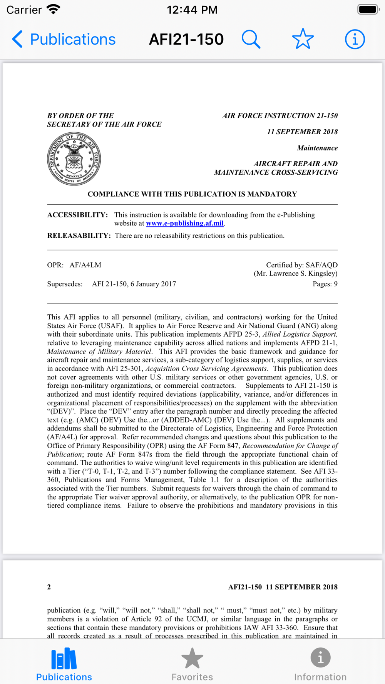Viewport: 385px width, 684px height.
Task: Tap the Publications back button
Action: point(64,39)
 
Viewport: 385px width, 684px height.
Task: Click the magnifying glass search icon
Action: point(251,39)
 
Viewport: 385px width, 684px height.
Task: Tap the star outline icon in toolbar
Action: point(303,39)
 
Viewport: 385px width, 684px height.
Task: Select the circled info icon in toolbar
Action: point(355,39)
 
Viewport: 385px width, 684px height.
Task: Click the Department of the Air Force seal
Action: point(74,159)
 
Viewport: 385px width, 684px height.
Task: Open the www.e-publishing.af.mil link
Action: point(185,224)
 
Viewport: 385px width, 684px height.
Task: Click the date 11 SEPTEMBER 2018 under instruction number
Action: point(302,132)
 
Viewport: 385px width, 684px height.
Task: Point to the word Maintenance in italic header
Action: point(317,148)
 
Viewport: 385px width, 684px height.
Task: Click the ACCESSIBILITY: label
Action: point(77,215)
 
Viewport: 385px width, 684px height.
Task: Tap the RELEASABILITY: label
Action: point(79,236)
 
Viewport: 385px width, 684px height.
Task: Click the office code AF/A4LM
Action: point(85,265)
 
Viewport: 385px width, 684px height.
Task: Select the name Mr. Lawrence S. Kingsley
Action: point(296,274)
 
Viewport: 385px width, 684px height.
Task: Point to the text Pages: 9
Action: point(325,284)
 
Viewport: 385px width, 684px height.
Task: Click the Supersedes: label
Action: point(65,284)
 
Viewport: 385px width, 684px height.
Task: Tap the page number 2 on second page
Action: point(49,587)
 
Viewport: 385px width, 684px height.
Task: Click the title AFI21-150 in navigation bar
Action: point(186,39)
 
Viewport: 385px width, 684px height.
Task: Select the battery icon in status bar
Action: point(368,9)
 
